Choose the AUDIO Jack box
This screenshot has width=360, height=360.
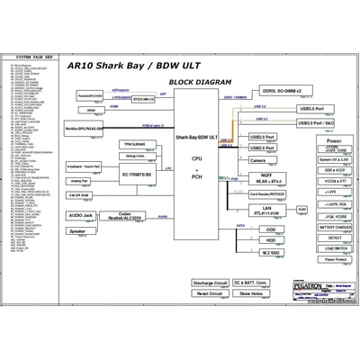point(79,216)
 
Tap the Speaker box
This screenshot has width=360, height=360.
point(79,231)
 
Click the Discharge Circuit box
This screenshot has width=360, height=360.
point(211,283)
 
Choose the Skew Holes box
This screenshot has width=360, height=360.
point(251,293)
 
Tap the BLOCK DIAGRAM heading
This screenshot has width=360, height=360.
point(195,82)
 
